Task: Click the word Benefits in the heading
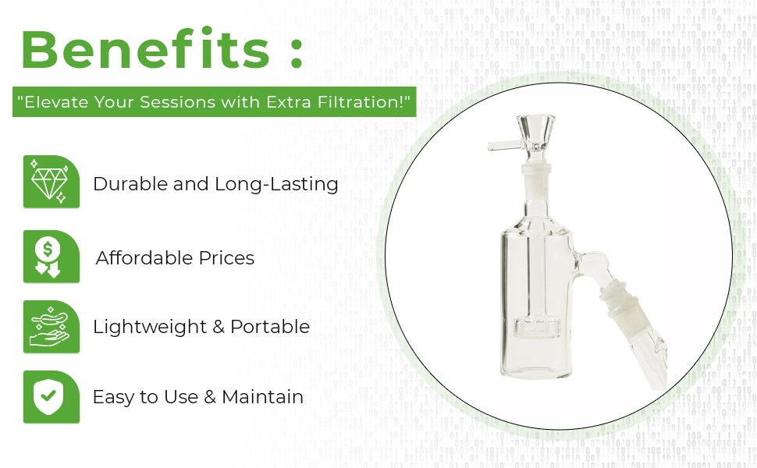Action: [x=145, y=48]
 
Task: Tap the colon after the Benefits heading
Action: [x=297, y=52]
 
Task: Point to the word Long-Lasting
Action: [x=276, y=185]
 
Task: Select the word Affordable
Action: [x=144, y=257]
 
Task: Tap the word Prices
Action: [x=226, y=258]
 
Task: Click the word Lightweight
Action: [x=150, y=327]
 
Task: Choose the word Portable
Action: [x=270, y=327]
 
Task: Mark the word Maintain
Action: [x=263, y=396]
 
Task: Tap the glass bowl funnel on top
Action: [x=535, y=137]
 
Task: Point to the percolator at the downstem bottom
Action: [x=535, y=328]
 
